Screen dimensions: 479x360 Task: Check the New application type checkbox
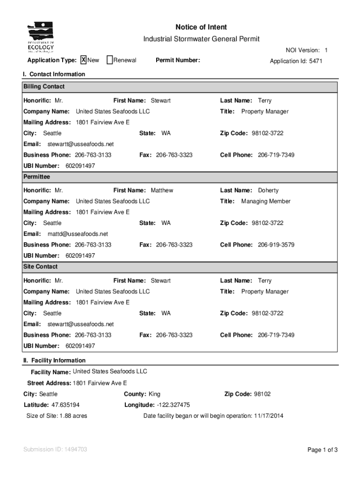[84, 60]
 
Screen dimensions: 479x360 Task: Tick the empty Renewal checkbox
[109, 60]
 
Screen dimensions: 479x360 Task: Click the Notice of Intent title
[201, 27]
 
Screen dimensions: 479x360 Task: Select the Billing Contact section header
[44, 87]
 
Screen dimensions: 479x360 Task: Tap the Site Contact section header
[41, 267]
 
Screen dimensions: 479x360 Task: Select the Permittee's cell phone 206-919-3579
[276, 245]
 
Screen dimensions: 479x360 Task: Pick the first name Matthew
[162, 190]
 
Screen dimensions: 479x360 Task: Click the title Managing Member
[266, 201]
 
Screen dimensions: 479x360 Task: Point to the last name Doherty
[268, 190]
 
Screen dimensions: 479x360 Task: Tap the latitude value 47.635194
[65, 405]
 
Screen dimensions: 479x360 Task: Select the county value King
[154, 394]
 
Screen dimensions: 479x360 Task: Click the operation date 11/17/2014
[268, 416]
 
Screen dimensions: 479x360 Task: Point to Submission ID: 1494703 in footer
[55, 450]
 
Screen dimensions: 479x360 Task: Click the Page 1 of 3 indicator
[322, 450]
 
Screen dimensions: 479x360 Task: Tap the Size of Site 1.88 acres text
[57, 416]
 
